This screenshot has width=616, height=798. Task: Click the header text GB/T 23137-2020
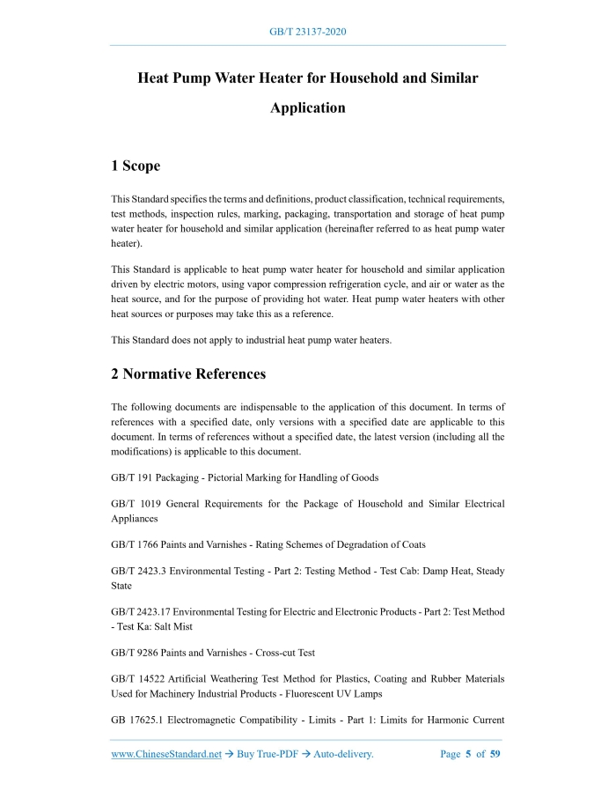click(307, 32)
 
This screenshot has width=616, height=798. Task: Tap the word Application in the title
click(307, 107)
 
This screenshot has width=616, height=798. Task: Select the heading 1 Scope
click(136, 166)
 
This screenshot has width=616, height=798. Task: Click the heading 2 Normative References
click(188, 373)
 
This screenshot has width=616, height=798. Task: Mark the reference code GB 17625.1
click(136, 720)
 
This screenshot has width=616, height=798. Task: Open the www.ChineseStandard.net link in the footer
click(166, 754)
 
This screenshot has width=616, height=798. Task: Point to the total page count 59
click(495, 754)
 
